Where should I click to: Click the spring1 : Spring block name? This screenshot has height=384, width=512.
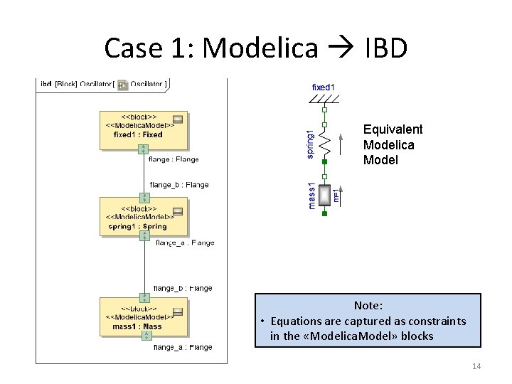137,227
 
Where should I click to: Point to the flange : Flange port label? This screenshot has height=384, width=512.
174,160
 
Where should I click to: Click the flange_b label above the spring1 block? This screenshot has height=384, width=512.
179,185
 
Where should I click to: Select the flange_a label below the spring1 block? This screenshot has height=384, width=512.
184,242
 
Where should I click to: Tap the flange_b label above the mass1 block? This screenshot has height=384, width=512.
183,288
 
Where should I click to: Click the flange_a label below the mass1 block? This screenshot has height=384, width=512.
183,347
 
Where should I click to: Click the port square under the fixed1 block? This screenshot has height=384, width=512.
144,149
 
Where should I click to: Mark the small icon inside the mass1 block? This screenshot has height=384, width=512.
178,311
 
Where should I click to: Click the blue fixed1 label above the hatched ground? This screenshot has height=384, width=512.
324,87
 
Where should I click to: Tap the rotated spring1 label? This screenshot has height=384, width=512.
309,144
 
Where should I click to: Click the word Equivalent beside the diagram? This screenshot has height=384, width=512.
393,129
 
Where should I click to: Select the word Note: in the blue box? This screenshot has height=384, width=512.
368,305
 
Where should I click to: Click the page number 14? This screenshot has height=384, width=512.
476,366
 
